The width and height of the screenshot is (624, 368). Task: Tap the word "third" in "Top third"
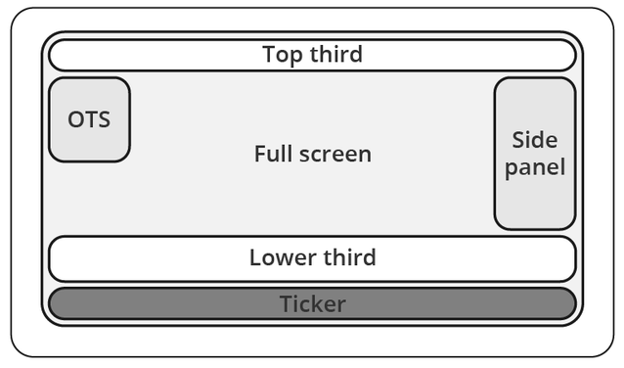tap(335, 54)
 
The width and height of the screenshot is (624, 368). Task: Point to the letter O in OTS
tap(75, 120)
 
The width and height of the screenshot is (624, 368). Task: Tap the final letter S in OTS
tap(104, 120)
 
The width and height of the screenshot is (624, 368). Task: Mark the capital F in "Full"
tap(260, 154)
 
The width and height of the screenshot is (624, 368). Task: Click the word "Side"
tap(535, 140)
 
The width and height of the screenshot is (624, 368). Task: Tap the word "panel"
tap(535, 167)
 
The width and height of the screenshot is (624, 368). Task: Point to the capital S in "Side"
tap(518, 140)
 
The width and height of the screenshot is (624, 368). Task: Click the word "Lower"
tap(282, 258)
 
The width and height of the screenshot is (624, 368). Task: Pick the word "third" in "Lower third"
tap(348, 258)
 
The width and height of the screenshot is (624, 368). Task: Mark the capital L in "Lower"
tap(255, 258)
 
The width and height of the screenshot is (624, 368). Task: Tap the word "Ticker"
tap(312, 304)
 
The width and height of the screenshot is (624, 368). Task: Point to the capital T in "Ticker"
tap(286, 304)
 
